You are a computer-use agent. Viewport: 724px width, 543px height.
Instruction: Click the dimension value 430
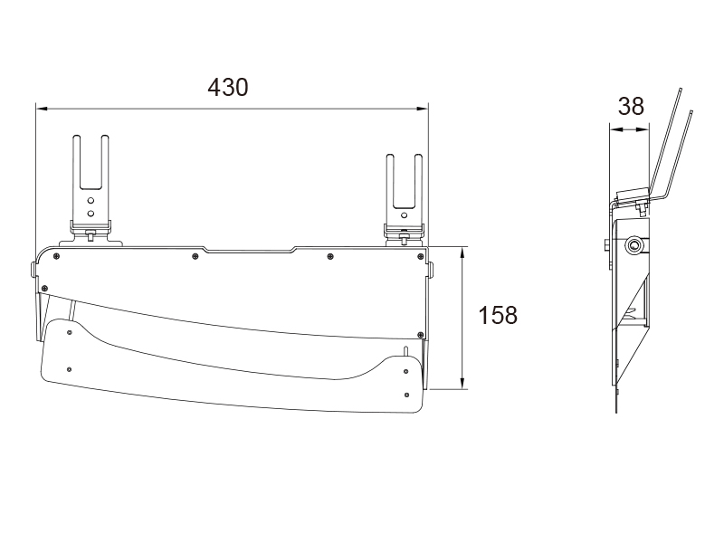(x=228, y=87)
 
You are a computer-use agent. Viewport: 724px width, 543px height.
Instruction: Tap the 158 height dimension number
(x=498, y=315)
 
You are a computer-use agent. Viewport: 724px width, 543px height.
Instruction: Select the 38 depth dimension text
(x=631, y=106)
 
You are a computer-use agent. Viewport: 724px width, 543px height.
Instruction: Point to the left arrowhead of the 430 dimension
(x=42, y=109)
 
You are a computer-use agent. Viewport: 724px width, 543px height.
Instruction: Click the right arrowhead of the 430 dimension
(x=423, y=109)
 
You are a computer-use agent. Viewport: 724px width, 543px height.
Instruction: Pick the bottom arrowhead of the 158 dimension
(x=462, y=383)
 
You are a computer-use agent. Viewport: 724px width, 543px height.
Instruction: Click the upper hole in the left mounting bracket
(x=91, y=201)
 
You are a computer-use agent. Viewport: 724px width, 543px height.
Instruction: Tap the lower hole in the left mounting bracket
(x=91, y=213)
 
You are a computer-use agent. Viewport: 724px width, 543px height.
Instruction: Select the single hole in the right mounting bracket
(x=405, y=215)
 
